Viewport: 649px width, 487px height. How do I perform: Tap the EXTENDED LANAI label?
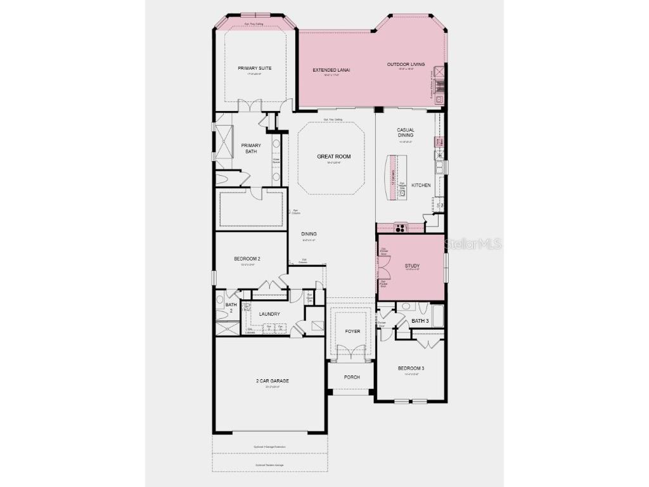[x=331, y=70]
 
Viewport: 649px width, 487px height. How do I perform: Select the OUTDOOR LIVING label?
[x=406, y=64]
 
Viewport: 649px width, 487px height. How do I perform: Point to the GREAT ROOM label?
[x=333, y=157]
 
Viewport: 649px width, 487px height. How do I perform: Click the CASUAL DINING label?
[x=406, y=133]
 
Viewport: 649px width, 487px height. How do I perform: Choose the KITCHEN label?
[x=421, y=185]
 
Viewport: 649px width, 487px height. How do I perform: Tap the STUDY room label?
[x=413, y=266]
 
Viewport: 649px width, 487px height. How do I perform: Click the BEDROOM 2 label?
[x=247, y=259]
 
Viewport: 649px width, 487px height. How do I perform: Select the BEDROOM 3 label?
[x=411, y=368]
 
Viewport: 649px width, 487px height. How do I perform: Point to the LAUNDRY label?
[x=269, y=314]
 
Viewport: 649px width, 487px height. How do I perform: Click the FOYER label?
[x=352, y=331]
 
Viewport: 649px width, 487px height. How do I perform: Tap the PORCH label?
[x=352, y=377]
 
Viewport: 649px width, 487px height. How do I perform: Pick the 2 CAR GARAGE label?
[x=273, y=381]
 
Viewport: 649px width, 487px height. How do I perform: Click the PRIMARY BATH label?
[x=251, y=148]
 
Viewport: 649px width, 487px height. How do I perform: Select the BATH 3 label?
[x=420, y=321]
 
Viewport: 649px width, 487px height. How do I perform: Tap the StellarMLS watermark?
[x=473, y=243]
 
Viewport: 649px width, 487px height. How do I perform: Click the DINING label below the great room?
[x=309, y=234]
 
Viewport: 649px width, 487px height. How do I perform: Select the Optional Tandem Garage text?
[x=269, y=465]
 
